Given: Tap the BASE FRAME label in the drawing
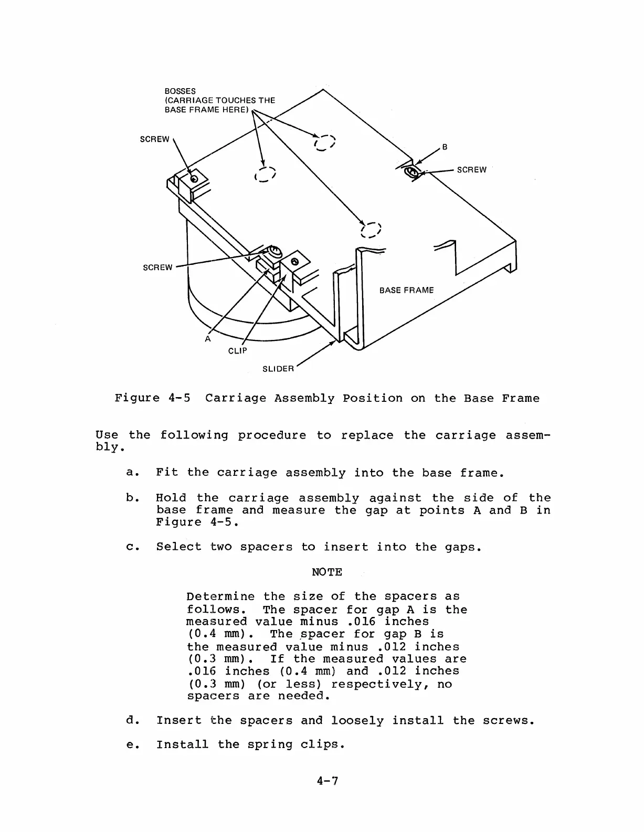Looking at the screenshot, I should coord(406,290).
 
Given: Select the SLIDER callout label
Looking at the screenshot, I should coord(278,369).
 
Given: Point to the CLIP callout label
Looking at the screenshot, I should coord(237,350).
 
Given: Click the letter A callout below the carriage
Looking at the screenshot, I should coord(208,339).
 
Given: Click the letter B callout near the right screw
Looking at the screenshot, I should coord(445,147).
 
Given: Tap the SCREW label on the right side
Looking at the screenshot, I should coord(471,170).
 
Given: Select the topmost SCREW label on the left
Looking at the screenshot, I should coord(154,139).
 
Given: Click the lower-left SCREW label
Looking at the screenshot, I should coord(157,268).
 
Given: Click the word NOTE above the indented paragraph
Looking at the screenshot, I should coord(326,572).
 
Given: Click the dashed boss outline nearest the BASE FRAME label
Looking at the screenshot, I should coord(371,230).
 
